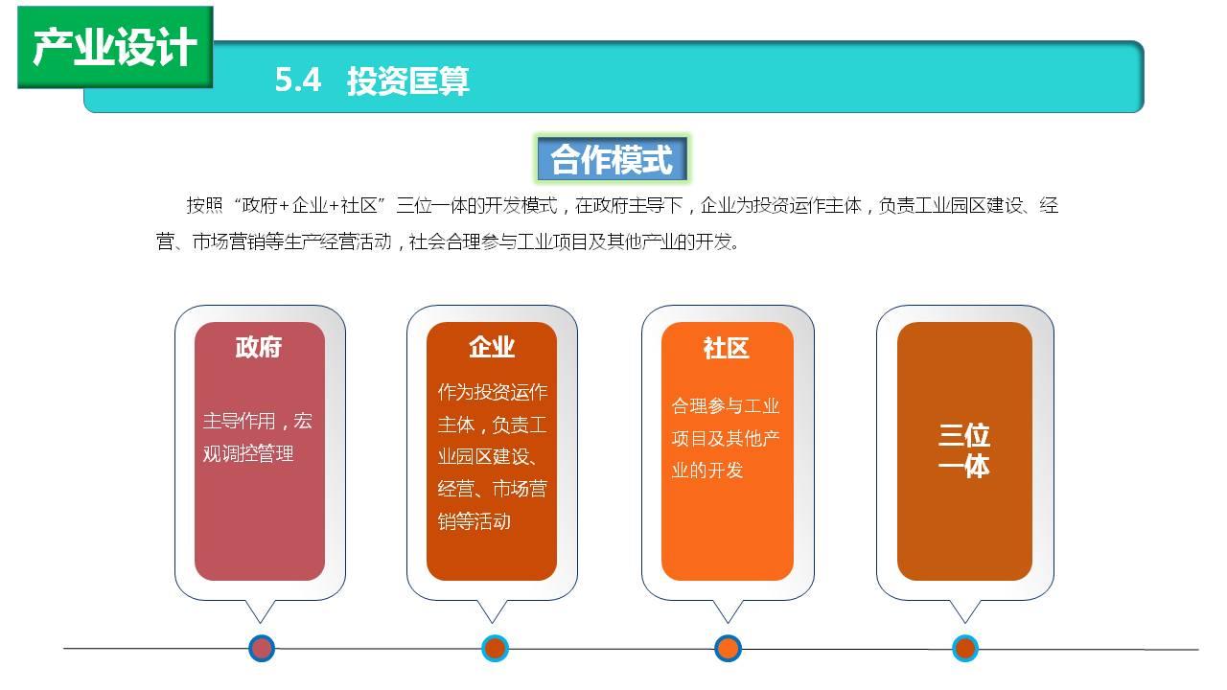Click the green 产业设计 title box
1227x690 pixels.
(115, 47)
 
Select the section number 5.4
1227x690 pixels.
(297, 80)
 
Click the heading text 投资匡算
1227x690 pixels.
(408, 81)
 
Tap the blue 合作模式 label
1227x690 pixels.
(612, 159)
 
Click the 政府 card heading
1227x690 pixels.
(259, 347)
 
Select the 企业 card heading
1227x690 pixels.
(492, 347)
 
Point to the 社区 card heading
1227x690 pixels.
(727, 348)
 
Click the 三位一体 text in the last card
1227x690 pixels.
(964, 450)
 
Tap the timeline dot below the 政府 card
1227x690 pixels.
(262, 649)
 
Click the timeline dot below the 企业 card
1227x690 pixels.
(495, 649)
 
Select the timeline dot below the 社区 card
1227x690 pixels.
(728, 649)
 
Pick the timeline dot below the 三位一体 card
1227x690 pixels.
(965, 649)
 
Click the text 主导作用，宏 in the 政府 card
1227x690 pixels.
(258, 421)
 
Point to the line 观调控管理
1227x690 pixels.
(248, 454)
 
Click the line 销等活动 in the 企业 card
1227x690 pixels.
(475, 521)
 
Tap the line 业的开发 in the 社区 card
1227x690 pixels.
(707, 471)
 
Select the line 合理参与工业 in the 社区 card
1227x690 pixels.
(726, 406)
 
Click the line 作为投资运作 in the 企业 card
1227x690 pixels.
(493, 392)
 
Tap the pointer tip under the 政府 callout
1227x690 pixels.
(260, 623)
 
